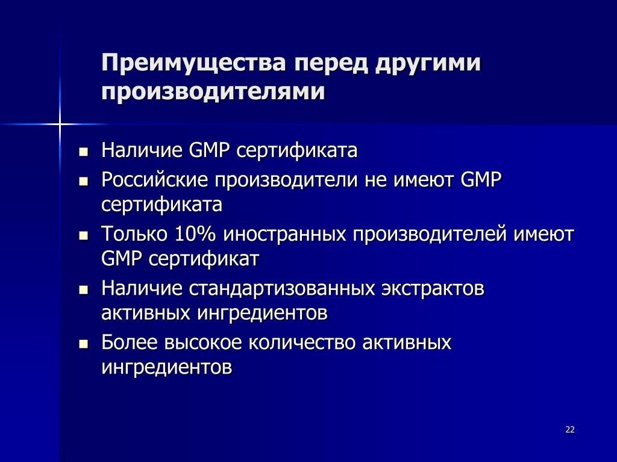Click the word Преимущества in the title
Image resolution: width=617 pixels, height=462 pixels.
click(x=193, y=63)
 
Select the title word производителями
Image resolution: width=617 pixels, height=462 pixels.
click(x=213, y=92)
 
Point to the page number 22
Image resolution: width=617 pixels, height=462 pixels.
click(x=570, y=430)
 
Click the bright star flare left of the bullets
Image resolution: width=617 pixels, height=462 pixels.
click(x=60, y=124)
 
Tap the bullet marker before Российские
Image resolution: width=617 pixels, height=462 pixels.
click(x=83, y=182)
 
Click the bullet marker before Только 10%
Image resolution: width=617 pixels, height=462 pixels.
click(x=83, y=236)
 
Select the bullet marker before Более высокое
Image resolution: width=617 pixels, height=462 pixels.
click(x=83, y=345)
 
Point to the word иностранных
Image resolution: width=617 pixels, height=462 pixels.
click(x=284, y=235)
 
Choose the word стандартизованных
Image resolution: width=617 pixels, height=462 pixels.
click(x=282, y=289)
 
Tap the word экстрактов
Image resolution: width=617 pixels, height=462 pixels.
click(x=433, y=289)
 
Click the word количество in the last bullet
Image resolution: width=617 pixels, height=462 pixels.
click(x=302, y=342)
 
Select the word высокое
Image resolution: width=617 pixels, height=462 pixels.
click(x=202, y=342)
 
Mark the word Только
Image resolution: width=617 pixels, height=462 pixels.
click(x=134, y=234)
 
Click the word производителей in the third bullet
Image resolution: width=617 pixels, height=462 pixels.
click(x=430, y=235)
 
